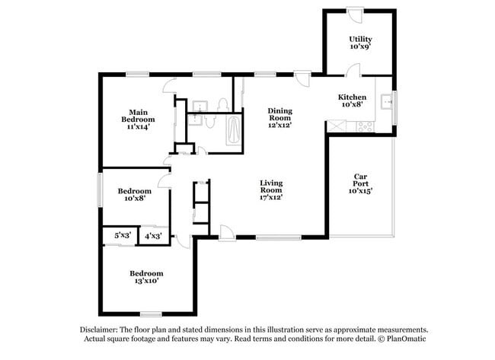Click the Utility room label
pyautogui.click(x=359, y=43)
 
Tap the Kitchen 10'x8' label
pyautogui.click(x=353, y=101)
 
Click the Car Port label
pyautogui.click(x=360, y=184)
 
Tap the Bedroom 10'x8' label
pyautogui.click(x=133, y=194)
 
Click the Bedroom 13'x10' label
pyautogui.click(x=145, y=277)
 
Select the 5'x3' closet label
pyautogui.click(x=123, y=236)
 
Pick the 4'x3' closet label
pyautogui.click(x=152, y=236)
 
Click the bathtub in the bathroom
pyautogui.click(x=233, y=129)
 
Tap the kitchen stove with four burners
pyautogui.click(x=362, y=126)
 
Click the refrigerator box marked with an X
pyautogui.click(x=336, y=126)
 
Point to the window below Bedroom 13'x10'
pyautogui.click(x=151, y=314)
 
